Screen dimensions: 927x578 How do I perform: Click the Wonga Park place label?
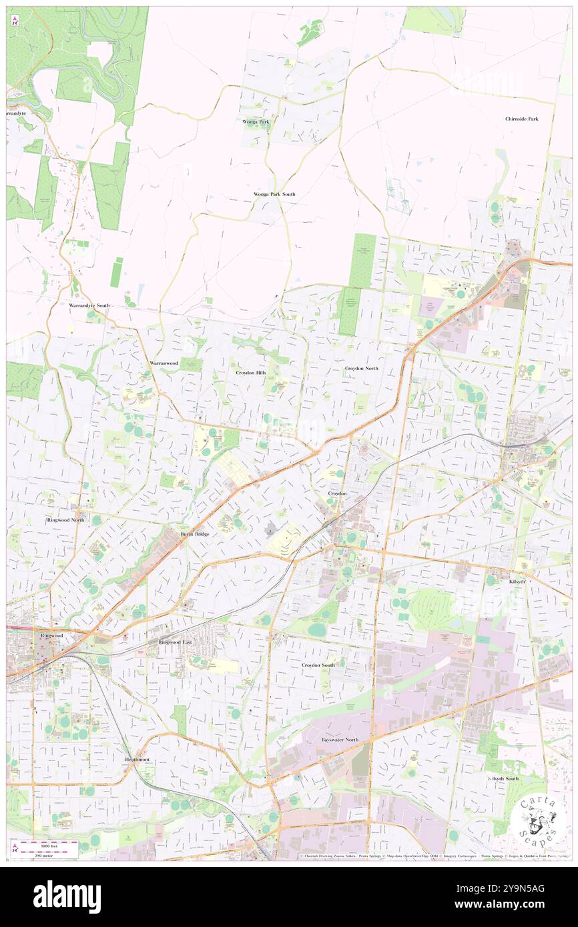(x=256, y=122)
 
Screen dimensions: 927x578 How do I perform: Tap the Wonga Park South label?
(x=274, y=194)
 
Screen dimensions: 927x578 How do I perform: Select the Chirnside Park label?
(x=521, y=119)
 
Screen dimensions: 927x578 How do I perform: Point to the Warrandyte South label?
(x=89, y=305)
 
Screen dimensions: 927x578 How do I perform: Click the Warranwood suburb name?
(x=164, y=363)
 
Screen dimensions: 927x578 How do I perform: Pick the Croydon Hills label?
(x=251, y=373)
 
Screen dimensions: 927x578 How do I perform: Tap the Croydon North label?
(x=361, y=368)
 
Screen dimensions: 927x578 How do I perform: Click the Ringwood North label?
(x=65, y=520)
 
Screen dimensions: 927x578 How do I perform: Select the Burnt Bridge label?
(x=195, y=534)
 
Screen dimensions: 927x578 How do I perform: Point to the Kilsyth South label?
(x=503, y=779)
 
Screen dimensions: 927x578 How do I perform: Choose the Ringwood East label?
(x=175, y=642)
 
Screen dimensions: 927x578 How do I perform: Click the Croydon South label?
(x=318, y=665)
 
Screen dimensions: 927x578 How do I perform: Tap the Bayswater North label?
(x=339, y=740)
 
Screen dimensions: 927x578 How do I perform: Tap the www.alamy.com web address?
(x=508, y=904)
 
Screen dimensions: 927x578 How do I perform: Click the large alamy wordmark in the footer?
(x=67, y=896)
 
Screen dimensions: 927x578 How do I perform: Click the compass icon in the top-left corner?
(x=15, y=21)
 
